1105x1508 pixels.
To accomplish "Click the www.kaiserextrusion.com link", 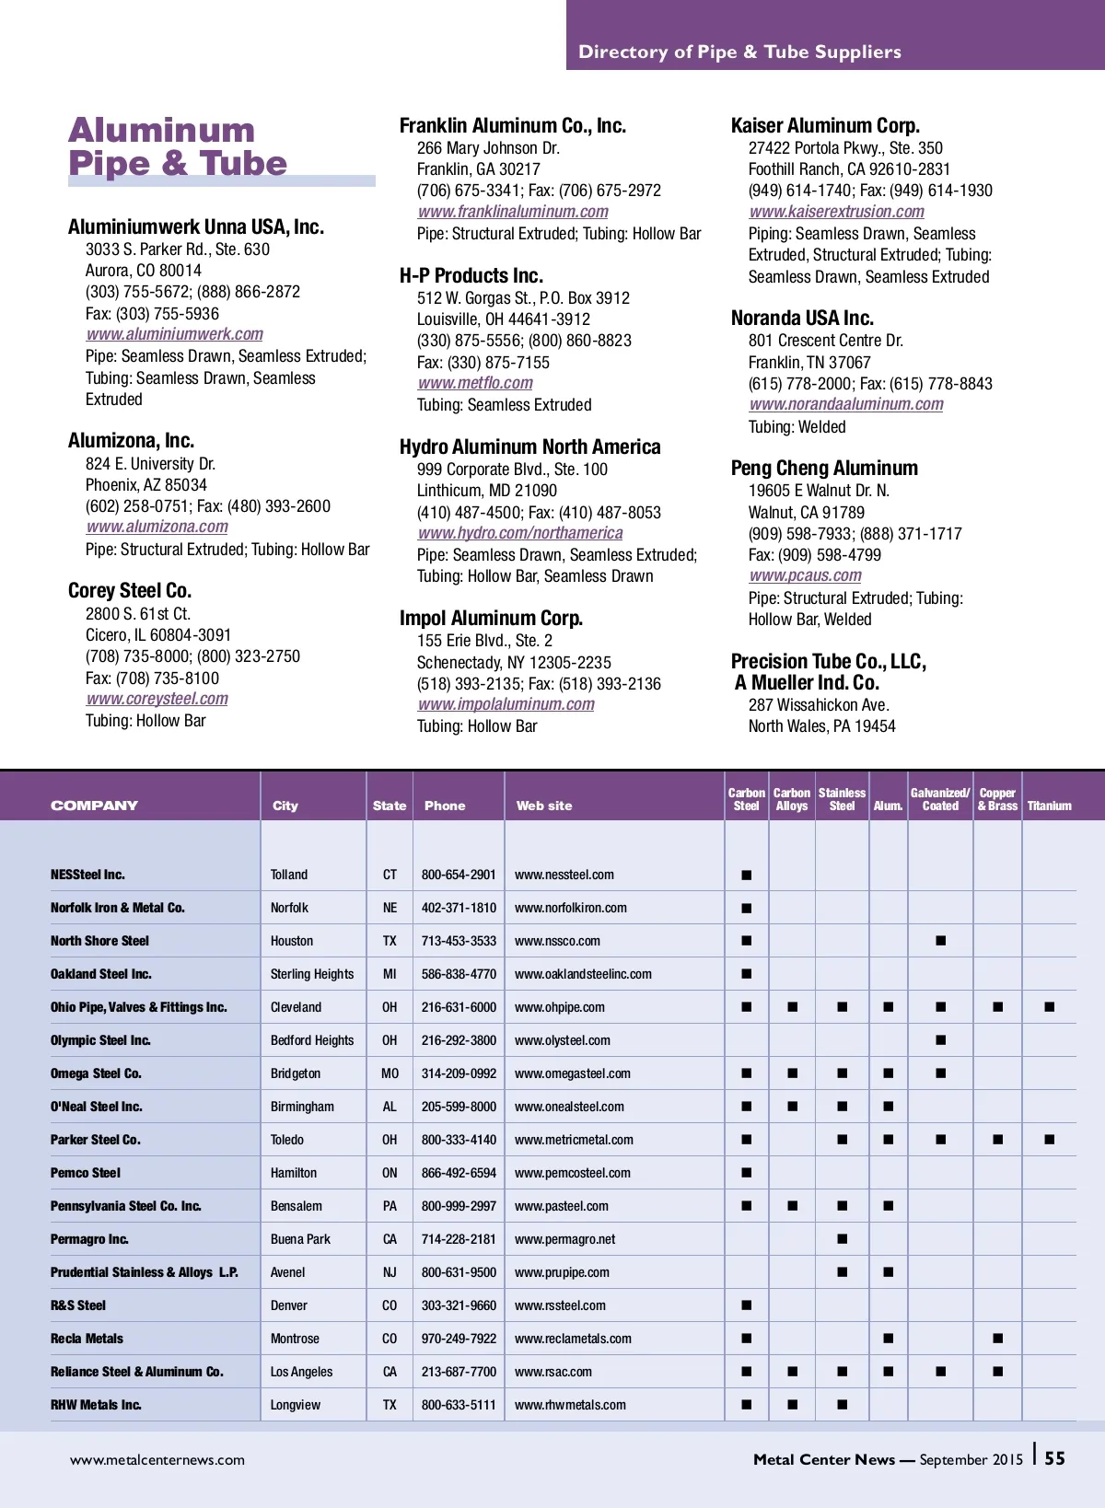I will point(836,212).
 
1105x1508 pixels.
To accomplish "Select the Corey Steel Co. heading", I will point(130,590).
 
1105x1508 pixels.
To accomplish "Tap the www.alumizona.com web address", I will point(157,527).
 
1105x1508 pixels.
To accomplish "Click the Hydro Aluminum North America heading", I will point(529,447).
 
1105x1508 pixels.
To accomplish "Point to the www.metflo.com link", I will point(475,383).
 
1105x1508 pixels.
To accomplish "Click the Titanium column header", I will point(1049,806).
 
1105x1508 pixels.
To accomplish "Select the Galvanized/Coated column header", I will point(940,799).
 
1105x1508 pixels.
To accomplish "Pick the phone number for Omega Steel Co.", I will point(459,1073).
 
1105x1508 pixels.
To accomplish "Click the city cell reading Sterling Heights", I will point(312,974).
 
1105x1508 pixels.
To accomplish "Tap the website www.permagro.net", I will point(564,1239).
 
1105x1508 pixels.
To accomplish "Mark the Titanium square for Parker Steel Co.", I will point(1049,1140).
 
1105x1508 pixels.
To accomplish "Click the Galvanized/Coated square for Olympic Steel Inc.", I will point(940,1040).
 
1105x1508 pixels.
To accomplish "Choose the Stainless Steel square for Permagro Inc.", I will point(842,1239).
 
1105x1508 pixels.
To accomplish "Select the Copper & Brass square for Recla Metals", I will point(997,1339).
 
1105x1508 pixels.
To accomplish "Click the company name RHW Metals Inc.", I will point(96,1405).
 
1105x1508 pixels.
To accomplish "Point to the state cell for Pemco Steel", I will point(390,1173).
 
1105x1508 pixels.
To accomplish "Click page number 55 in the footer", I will point(1054,1458).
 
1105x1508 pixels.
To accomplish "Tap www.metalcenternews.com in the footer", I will point(157,1459).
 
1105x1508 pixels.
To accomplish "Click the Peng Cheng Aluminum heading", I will point(824,468).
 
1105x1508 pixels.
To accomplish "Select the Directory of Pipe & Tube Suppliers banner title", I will point(739,52).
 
